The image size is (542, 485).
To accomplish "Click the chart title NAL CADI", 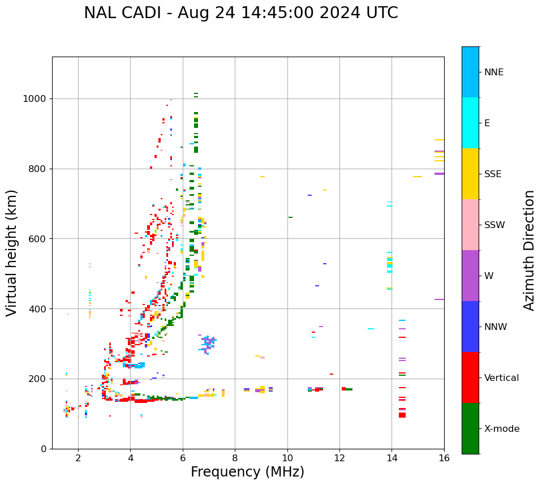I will (x=240, y=13).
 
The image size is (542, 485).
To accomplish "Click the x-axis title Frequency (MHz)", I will (x=247, y=472).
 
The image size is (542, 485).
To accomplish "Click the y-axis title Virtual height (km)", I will (x=12, y=253).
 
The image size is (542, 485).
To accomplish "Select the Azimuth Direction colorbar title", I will (x=529, y=250).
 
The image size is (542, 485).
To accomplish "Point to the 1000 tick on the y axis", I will (x=38, y=98).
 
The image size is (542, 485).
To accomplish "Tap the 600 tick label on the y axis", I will (x=38, y=239).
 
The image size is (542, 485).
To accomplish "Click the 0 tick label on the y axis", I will (x=43, y=449).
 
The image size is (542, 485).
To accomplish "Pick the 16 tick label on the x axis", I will (x=444, y=458).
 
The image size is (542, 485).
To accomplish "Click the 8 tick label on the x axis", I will (x=235, y=458).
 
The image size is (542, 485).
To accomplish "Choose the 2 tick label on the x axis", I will (x=78, y=458).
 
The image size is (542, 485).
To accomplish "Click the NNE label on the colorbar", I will (x=493, y=72).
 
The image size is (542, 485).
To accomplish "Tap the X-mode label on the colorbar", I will (x=502, y=429).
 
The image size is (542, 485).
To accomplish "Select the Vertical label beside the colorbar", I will (x=501, y=378).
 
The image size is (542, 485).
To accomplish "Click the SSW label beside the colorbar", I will (x=494, y=225).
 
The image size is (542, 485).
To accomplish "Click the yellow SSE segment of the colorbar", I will (x=470, y=174).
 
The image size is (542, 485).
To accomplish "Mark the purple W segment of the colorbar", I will (x=470, y=276).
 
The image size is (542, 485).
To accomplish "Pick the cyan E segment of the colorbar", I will (x=470, y=123).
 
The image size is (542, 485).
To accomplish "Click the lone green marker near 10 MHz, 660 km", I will (x=290, y=217).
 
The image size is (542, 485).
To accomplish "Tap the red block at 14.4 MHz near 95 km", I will (x=402, y=415).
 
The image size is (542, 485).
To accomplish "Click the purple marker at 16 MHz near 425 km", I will (x=439, y=299).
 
